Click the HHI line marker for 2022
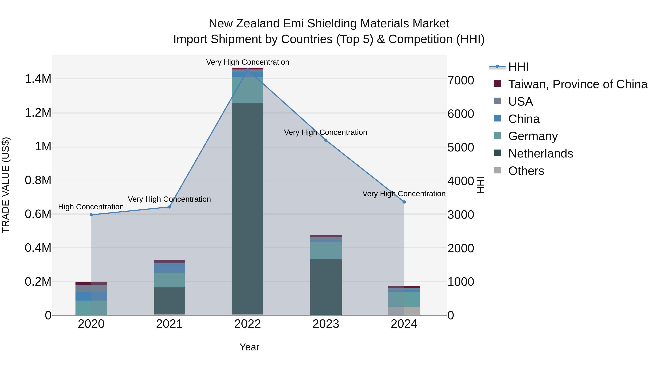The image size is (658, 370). coord(247,69)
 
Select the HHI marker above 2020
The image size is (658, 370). coord(91,215)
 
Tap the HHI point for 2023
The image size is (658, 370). coord(326,140)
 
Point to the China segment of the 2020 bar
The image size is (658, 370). coord(91,296)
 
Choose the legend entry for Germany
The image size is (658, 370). coord(533,136)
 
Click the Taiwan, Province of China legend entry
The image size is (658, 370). coord(577,84)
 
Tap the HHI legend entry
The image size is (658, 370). coord(518,67)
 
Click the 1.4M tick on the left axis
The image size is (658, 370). coord(38,79)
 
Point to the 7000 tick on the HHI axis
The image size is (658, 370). coord(461,80)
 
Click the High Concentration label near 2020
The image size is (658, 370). coord(91,207)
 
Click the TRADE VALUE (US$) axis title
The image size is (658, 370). coord(6,185)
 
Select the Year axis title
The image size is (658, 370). coord(249,347)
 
